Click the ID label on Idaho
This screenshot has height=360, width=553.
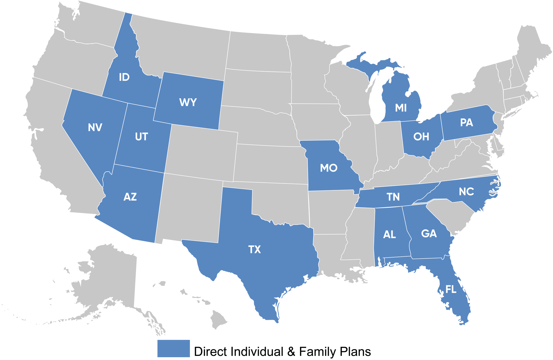tap(124, 77)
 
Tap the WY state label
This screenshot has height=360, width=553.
tap(188, 103)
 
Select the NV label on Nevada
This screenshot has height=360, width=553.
tap(95, 128)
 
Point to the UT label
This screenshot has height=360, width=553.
tap(142, 137)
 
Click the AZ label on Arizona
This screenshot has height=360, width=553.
tap(130, 197)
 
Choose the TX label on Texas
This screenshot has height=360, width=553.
tap(254, 250)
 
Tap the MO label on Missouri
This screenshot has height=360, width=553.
tap(328, 168)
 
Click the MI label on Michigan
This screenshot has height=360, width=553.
tap(401, 108)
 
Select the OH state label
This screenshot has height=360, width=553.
tap(421, 137)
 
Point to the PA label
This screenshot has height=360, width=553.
tap(466, 123)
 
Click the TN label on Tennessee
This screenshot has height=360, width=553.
tap(393, 197)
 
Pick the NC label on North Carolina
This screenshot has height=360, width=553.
tap(466, 192)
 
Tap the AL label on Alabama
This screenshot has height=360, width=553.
tap(390, 235)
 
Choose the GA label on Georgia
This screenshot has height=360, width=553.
tap(429, 234)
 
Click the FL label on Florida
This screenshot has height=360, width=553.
tap(451, 290)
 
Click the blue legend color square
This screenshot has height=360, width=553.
tap(174, 348)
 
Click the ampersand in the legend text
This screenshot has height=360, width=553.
tap(291, 352)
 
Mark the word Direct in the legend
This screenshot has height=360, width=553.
tap(211, 352)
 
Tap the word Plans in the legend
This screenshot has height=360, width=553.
tap(355, 352)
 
